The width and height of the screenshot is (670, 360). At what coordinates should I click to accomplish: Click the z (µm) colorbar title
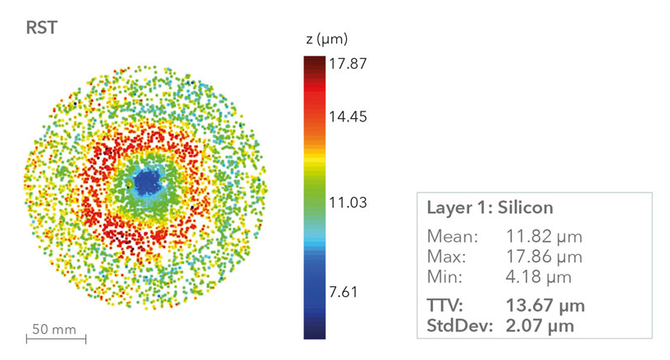coord(326,39)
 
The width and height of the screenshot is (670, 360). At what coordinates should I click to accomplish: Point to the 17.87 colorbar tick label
coord(348,65)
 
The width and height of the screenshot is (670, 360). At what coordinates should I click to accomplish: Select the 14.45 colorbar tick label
coord(348,116)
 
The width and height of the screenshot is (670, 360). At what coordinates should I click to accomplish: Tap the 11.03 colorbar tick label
coord(348,203)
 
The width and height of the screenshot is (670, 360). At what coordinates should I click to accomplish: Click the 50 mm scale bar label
coord(54,330)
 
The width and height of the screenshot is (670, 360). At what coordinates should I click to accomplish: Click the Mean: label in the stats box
coord(452,237)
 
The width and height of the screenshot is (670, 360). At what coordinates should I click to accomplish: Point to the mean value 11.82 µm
coord(545,237)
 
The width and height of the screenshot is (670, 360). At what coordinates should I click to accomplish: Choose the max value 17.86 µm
coord(545,255)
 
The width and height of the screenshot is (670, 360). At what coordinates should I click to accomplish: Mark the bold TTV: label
coord(445,305)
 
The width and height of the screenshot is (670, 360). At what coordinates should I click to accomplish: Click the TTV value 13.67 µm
coord(546,305)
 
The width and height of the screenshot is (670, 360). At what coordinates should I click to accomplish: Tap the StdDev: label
coord(458,325)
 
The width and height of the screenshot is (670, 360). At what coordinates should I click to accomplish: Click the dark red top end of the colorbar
coord(313,62)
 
